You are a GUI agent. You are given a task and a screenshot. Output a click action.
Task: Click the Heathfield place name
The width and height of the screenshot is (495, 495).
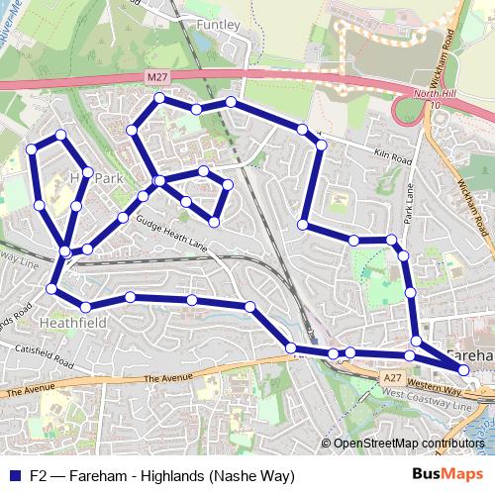66,323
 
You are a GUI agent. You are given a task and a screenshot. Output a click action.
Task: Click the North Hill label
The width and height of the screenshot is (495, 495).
430,93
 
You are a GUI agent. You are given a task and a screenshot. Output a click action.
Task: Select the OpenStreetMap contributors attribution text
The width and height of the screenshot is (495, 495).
409,444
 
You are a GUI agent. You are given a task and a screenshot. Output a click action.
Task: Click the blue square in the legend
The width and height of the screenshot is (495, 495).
15,474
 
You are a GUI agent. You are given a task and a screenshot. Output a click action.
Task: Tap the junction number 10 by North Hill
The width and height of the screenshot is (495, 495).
435,106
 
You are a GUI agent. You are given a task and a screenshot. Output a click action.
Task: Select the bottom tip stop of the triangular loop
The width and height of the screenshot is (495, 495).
214,221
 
